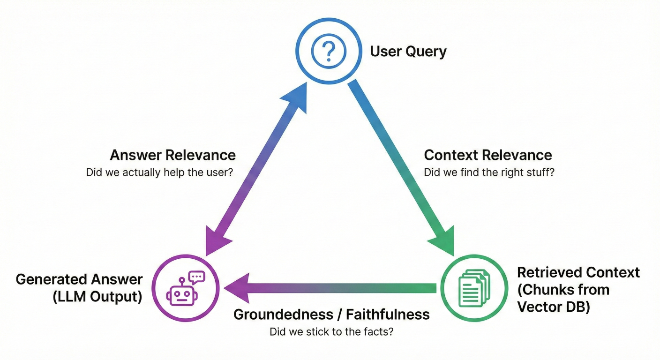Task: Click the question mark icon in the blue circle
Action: point(329,51)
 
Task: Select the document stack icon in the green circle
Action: point(472,288)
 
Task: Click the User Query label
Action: point(408,51)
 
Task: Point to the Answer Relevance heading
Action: point(173,155)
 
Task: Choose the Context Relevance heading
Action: point(487,155)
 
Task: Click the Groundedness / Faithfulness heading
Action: point(331,314)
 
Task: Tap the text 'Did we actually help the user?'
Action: point(160,172)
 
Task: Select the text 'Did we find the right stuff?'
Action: point(489,172)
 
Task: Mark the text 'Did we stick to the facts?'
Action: point(331,332)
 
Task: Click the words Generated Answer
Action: point(79,279)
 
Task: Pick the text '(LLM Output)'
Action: point(98,297)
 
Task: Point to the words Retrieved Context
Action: point(578,272)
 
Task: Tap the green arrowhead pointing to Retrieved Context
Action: point(442,241)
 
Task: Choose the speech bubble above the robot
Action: point(196,277)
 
